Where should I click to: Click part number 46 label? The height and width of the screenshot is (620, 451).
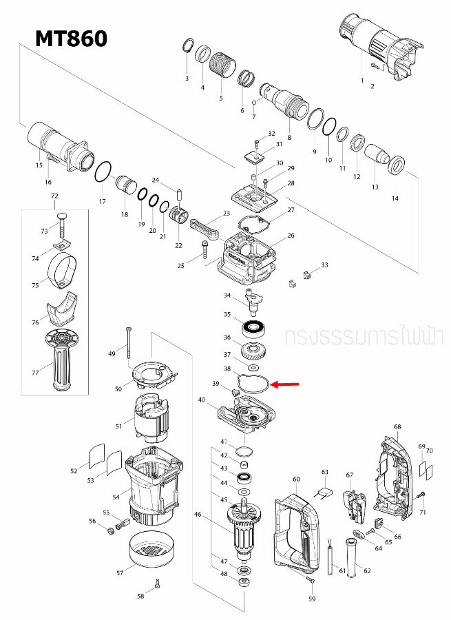pyautogui.click(x=198, y=514)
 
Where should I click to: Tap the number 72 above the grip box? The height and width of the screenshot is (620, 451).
pyautogui.click(x=54, y=197)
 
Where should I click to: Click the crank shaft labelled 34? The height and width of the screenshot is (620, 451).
pyautogui.click(x=249, y=298)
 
